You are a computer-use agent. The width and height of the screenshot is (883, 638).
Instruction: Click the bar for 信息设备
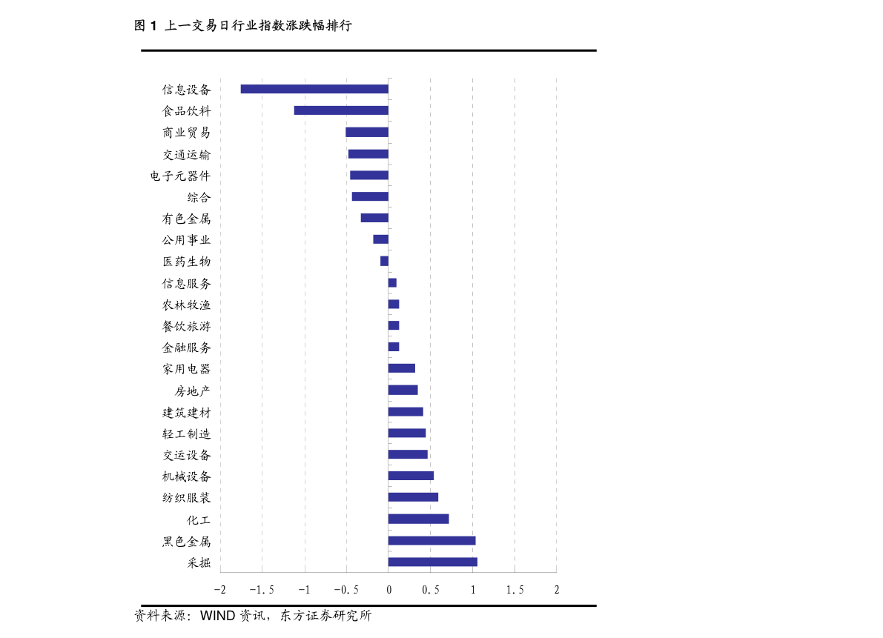click(314, 89)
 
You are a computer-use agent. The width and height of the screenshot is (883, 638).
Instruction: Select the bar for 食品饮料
click(341, 110)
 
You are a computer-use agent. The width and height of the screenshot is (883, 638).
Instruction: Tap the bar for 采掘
click(432, 562)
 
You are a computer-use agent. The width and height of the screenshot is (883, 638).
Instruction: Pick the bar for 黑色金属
click(431, 540)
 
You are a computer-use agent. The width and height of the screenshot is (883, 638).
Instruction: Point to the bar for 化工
click(418, 519)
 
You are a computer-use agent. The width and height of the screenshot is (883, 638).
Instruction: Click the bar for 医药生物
click(384, 261)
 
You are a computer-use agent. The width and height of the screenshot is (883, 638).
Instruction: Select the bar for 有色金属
click(374, 218)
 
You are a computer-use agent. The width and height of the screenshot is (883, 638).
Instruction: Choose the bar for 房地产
click(403, 390)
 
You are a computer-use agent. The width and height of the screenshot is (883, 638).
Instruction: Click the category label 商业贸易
click(186, 133)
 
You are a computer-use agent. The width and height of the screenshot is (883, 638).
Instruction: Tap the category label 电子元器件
click(179, 176)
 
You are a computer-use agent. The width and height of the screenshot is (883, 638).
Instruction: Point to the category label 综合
click(199, 197)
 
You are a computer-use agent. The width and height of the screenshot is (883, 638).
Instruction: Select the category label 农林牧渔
click(186, 305)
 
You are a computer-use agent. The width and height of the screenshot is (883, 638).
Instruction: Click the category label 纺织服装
click(186, 498)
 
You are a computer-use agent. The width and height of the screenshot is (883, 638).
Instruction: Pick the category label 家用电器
click(186, 369)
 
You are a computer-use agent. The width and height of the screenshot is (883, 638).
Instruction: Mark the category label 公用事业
click(186, 240)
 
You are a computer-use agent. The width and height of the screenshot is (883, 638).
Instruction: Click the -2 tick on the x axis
click(219, 590)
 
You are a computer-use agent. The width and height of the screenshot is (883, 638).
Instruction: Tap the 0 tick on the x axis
click(388, 590)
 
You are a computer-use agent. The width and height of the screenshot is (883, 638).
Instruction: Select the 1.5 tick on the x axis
click(515, 590)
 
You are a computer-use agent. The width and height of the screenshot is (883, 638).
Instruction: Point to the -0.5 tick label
click(345, 590)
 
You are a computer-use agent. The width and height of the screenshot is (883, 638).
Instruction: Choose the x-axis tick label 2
click(557, 590)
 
